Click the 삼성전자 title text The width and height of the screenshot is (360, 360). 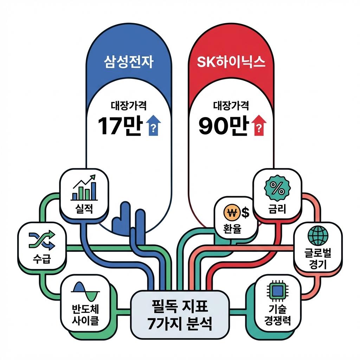[x=129, y=63]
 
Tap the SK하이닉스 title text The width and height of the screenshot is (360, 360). [x=231, y=63]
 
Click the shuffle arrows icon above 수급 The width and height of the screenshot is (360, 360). [x=41, y=240]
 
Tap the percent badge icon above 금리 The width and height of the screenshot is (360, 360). [x=277, y=189]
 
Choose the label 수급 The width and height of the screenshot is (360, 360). [x=41, y=260]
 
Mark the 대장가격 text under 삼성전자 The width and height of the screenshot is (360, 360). [x=129, y=105]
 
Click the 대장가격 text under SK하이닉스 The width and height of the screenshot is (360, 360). [x=231, y=105]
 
